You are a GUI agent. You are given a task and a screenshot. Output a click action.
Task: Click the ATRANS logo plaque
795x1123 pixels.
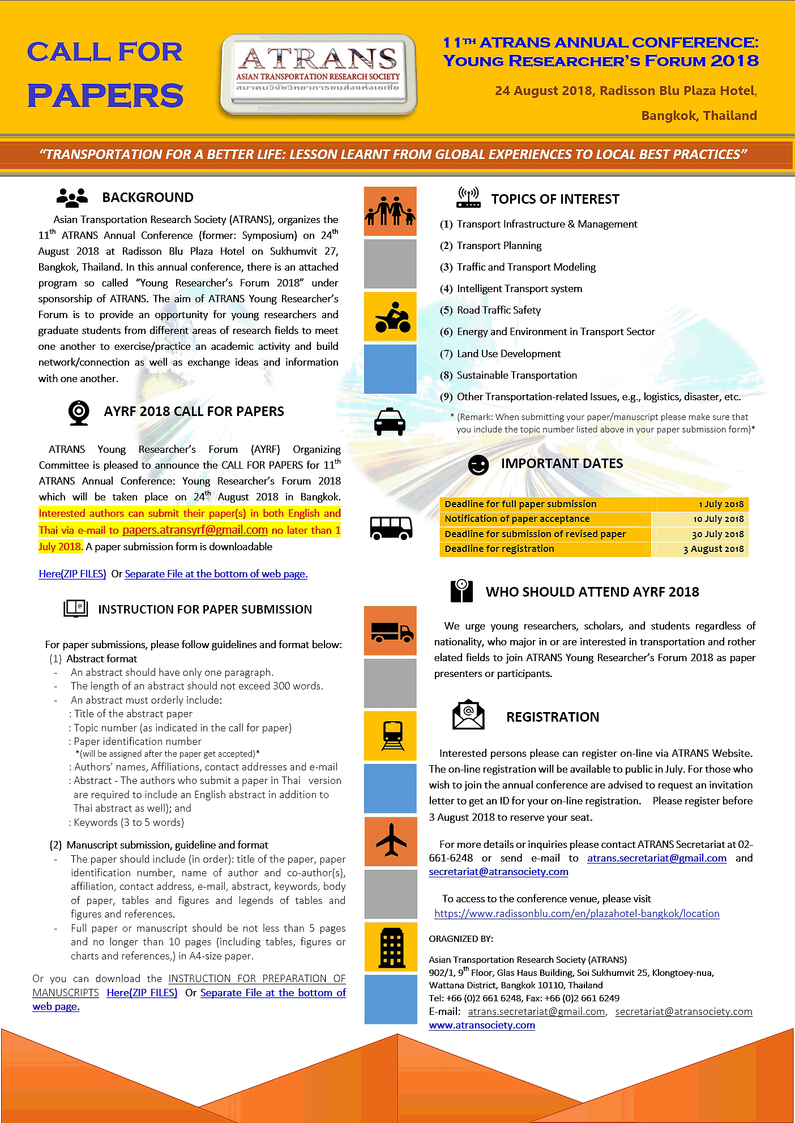point(318,74)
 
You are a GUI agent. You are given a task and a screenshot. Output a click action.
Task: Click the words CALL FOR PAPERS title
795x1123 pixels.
point(105,74)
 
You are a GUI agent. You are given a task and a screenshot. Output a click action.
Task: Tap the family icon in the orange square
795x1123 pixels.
point(390,211)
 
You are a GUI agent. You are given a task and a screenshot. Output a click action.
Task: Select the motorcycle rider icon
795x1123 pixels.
point(390,317)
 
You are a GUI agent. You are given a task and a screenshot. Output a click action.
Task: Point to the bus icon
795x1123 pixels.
point(391,528)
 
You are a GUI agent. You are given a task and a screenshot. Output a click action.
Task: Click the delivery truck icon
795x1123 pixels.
point(391,631)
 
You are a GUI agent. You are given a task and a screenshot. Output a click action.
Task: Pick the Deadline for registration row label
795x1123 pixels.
point(499,548)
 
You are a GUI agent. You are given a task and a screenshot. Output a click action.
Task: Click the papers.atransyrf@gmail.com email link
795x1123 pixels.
point(195,530)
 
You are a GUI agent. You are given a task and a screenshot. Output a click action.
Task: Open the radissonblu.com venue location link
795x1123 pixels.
point(576,914)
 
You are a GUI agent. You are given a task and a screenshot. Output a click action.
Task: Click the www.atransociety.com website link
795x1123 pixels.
point(482,1025)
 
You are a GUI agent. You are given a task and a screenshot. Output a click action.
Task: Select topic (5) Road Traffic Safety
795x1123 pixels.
point(498,310)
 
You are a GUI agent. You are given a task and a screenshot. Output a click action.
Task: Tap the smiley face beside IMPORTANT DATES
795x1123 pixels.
point(478,465)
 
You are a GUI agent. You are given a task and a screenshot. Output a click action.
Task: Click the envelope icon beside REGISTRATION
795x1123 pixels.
point(468,716)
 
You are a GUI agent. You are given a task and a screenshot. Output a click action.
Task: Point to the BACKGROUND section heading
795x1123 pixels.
point(147,198)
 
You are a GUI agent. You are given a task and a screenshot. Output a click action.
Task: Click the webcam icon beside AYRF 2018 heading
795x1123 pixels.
point(79,413)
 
